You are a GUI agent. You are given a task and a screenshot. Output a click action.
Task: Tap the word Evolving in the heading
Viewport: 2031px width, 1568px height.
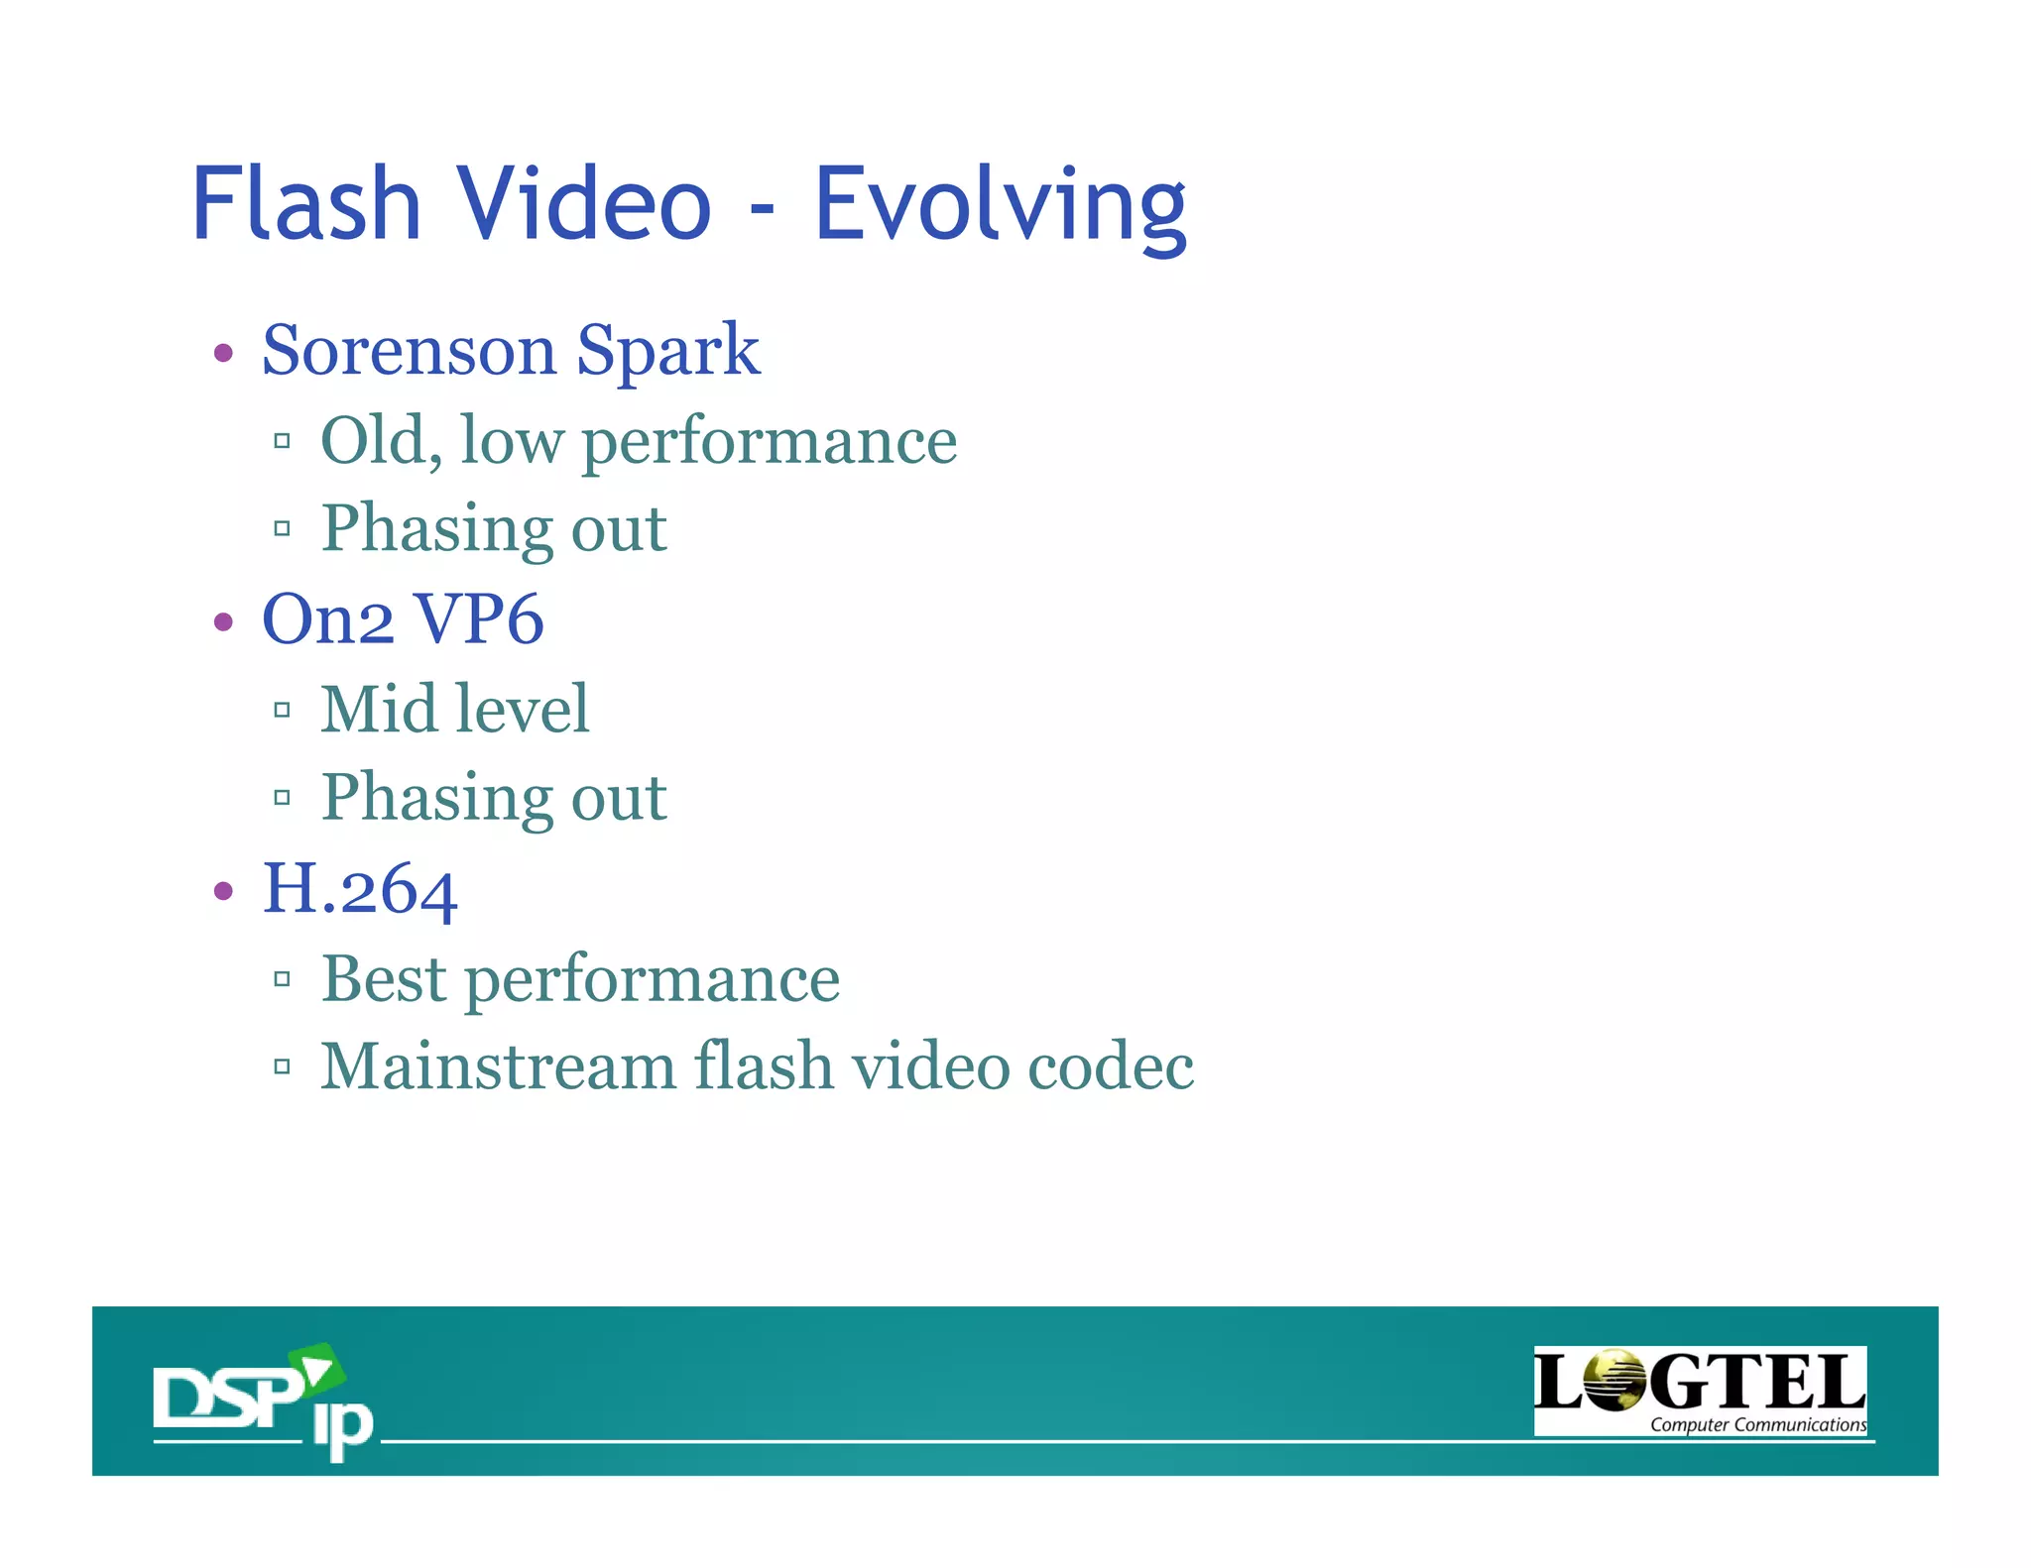pyautogui.click(x=1000, y=206)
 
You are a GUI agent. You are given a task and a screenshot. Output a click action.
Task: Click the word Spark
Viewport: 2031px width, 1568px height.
pyautogui.click(x=667, y=351)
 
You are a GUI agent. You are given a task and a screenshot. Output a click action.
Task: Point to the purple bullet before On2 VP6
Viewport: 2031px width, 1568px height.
pyautogui.click(x=224, y=622)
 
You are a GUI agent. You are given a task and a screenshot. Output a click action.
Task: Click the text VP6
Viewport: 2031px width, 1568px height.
pyautogui.click(x=478, y=619)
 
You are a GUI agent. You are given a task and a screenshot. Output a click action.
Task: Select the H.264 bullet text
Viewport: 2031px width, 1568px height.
pyautogui.click(x=359, y=889)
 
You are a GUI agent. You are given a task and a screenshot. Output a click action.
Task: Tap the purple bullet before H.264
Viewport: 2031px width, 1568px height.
pyautogui.click(x=224, y=891)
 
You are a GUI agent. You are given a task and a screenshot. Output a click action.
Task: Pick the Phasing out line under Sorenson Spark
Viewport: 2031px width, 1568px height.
pyautogui.click(x=494, y=528)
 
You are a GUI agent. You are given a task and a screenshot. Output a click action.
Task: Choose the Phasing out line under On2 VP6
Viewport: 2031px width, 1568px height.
pyautogui.click(x=494, y=797)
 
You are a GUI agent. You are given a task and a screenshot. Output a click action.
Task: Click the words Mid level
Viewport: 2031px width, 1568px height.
pyautogui.click(x=455, y=710)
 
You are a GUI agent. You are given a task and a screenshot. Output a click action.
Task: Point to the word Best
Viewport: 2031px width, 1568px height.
pyautogui.click(x=384, y=978)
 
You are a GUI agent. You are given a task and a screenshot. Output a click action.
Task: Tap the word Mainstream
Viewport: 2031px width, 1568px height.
pyautogui.click(x=498, y=1066)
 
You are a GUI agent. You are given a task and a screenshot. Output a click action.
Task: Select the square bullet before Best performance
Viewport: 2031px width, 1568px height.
pyautogui.click(x=283, y=979)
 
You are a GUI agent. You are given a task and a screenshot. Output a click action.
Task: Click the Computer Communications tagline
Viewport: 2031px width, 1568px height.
pyautogui.click(x=1756, y=1424)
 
